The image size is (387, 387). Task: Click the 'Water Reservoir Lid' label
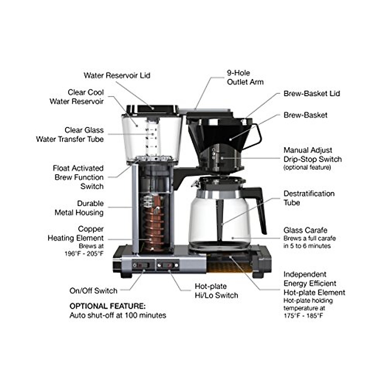pos(117,75)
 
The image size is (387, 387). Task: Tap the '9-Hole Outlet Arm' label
pos(245,77)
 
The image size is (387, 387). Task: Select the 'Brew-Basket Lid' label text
pos(312,94)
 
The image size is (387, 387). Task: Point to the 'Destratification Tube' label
pos(309,198)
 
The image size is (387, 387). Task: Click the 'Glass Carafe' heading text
pos(305,230)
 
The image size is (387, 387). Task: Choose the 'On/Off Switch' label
pos(93,291)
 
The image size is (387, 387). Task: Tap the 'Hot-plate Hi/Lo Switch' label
pos(216,291)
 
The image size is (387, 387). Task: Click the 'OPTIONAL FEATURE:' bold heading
pos(107,306)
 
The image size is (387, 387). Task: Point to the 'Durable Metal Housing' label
pos(79,208)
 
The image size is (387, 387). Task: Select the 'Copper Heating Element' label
pos(76,233)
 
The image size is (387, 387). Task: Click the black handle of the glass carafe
pos(260,206)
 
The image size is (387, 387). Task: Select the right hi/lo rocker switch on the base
pos(168,265)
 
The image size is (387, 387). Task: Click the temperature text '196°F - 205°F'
pos(84,253)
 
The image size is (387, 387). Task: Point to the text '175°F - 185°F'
pos(303,316)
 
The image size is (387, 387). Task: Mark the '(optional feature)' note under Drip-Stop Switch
pos(307,168)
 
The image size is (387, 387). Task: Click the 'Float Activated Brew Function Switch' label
pos(79,177)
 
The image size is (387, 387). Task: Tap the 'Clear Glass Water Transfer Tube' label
pos(70,135)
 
